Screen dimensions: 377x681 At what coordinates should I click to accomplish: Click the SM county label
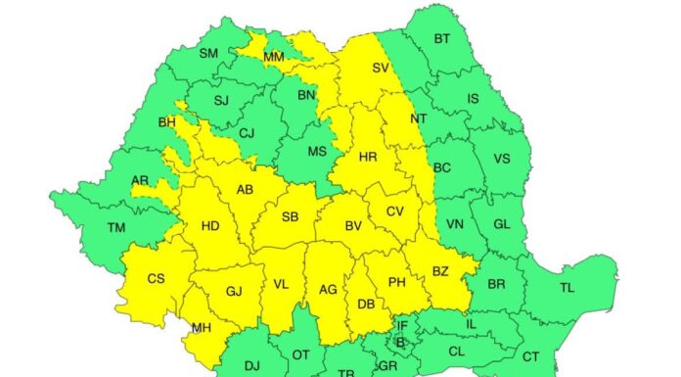point(207,53)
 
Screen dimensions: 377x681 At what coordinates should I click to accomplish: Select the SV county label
point(381,69)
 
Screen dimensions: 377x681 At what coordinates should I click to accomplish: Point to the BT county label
point(442,39)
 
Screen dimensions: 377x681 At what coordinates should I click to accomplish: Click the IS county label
point(474,99)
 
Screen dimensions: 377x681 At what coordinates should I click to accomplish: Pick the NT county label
point(419,118)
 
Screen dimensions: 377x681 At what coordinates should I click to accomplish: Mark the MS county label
point(317,152)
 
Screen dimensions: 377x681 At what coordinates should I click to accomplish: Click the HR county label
point(368,157)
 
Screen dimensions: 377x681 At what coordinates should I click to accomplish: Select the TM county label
point(116,228)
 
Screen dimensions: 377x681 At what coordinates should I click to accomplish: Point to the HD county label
point(210,225)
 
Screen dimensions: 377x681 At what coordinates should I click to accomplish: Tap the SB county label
point(290,216)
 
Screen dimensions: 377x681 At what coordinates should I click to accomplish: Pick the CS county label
point(156,279)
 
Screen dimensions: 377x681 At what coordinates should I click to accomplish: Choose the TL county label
point(567,288)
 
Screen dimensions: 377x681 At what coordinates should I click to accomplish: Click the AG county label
point(328,290)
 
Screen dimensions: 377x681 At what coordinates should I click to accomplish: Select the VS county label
point(502,159)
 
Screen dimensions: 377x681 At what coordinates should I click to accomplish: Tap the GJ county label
point(234,292)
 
